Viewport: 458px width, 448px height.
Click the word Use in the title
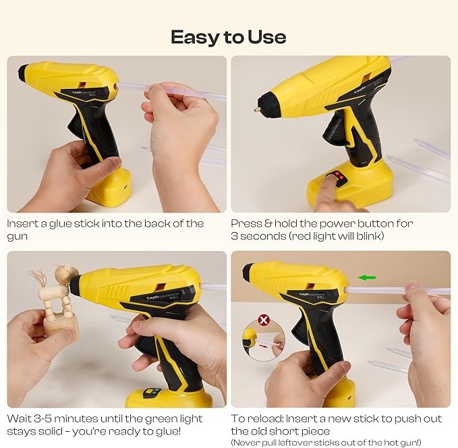(x=265, y=36)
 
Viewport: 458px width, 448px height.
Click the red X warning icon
(x=264, y=319)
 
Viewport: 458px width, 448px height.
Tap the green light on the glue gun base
(x=152, y=392)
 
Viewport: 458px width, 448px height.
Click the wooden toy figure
(x=58, y=302)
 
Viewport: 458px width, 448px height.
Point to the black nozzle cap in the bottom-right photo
(x=248, y=273)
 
